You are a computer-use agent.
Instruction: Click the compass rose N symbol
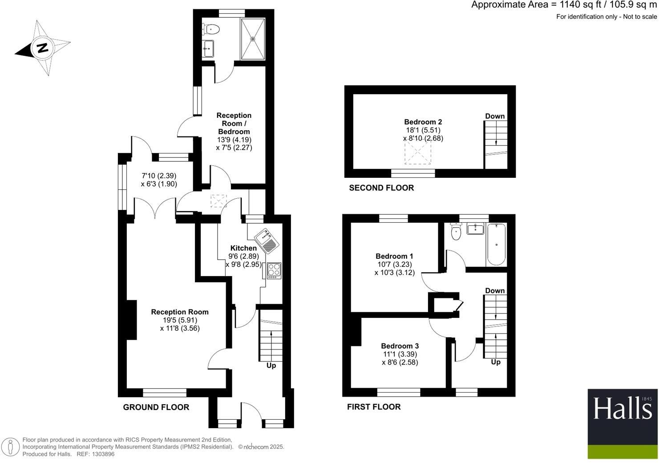click(43, 48)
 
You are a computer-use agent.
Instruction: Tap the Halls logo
click(622, 408)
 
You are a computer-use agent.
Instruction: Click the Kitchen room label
click(243, 248)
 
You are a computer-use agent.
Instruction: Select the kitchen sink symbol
click(267, 240)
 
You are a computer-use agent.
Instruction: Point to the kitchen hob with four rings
click(274, 270)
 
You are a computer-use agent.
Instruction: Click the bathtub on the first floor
click(496, 244)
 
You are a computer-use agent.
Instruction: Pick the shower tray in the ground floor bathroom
click(253, 39)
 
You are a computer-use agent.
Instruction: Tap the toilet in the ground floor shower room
click(211, 30)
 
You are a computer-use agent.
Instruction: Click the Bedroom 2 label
click(423, 122)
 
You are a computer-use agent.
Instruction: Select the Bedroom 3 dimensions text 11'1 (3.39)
click(400, 354)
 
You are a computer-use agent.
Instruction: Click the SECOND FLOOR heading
click(381, 188)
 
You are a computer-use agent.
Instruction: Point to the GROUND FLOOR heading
click(156, 407)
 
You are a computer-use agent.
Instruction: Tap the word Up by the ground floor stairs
click(271, 366)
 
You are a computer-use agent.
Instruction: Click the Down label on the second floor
click(495, 116)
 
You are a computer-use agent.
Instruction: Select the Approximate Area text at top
click(564, 5)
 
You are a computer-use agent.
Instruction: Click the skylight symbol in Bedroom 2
click(417, 153)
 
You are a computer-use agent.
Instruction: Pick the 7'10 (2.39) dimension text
click(159, 176)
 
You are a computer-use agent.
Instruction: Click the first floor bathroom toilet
click(456, 232)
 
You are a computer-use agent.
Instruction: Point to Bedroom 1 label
click(394, 256)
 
